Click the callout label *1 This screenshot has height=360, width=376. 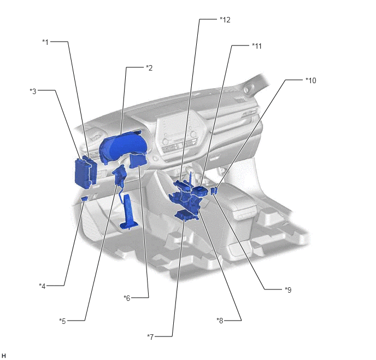(x=45, y=42)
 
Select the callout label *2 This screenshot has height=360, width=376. (x=149, y=68)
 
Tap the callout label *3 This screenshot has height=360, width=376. (x=33, y=91)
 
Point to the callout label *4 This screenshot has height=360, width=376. (x=42, y=286)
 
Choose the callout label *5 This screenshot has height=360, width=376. (x=62, y=321)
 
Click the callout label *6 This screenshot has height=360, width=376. (x=127, y=298)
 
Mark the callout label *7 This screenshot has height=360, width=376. (x=150, y=337)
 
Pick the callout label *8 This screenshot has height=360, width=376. (x=220, y=321)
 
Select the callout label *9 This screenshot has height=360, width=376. (x=288, y=289)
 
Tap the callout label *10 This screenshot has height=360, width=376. (x=311, y=80)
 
